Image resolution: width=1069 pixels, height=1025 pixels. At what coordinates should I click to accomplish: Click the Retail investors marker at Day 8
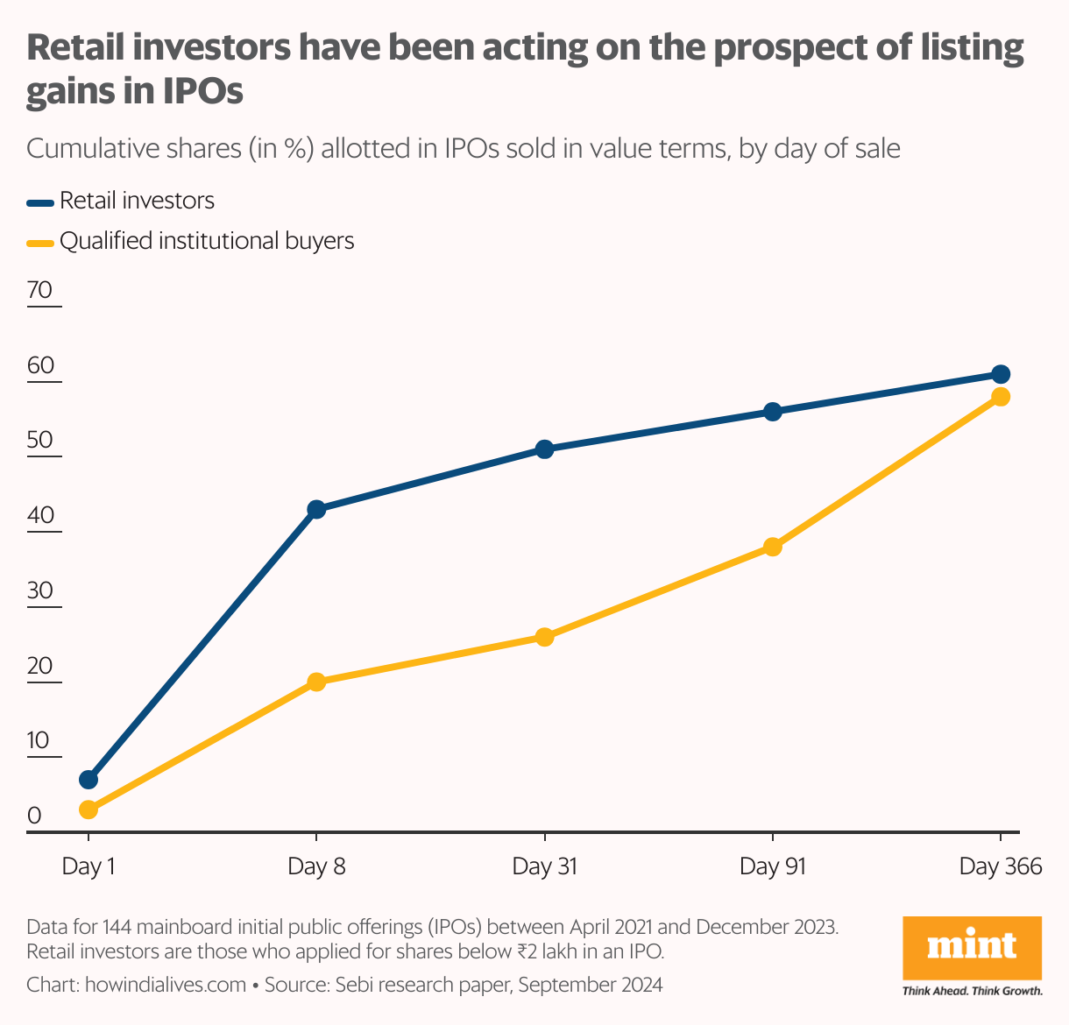[316, 509]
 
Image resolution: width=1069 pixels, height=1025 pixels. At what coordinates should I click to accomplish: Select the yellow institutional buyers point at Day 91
[772, 548]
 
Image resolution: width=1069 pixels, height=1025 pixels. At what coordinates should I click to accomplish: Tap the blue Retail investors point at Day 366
[1001, 374]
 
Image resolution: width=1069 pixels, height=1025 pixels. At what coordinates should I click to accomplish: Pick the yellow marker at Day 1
[88, 809]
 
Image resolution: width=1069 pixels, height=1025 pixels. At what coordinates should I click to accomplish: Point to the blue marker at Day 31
[544, 449]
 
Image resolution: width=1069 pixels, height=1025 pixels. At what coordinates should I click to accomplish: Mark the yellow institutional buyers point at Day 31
[544, 637]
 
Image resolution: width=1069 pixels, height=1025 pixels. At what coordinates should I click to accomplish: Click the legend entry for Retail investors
[137, 201]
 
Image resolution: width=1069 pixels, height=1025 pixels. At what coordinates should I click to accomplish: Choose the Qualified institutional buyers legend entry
[207, 241]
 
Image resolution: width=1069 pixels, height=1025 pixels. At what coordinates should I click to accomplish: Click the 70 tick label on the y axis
[40, 291]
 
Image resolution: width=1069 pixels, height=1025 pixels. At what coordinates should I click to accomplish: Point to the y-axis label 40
[40, 516]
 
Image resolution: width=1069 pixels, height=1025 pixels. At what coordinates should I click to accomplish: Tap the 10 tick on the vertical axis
[39, 741]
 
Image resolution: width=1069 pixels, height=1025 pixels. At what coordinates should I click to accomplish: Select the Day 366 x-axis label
[1001, 867]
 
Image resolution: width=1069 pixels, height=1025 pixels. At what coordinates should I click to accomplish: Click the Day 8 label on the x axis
[316, 867]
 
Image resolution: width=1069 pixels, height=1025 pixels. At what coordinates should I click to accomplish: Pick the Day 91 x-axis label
[772, 867]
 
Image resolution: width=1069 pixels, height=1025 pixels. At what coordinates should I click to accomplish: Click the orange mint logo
[972, 948]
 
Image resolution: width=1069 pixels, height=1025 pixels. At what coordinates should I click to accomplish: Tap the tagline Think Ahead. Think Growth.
[972, 992]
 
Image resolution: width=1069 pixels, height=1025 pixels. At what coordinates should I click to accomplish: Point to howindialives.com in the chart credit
[166, 985]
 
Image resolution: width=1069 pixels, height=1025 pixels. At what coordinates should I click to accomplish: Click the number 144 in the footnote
[118, 926]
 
